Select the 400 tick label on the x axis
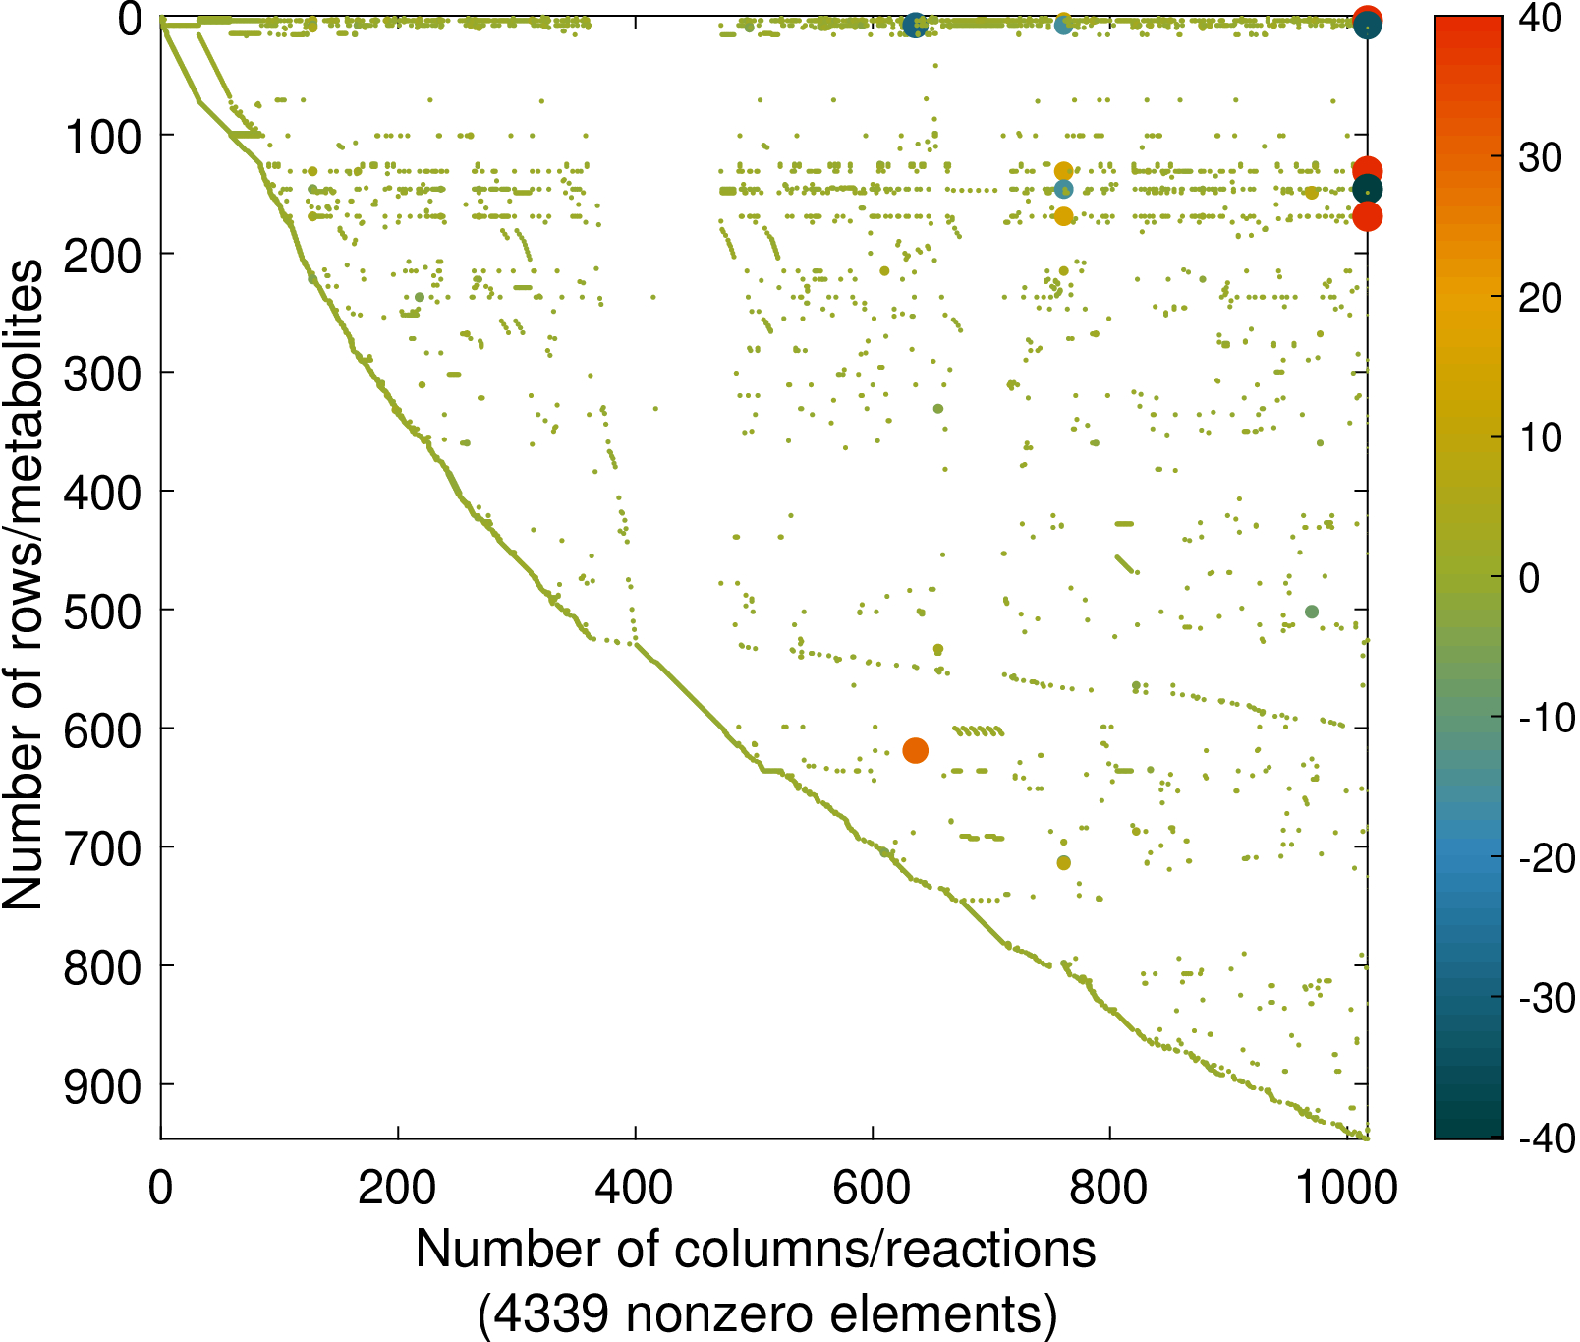635,1188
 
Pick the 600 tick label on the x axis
873,1188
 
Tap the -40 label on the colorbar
1545,1138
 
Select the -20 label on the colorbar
1545,858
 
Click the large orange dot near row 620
915,751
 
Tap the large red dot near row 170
1367,216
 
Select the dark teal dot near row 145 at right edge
1367,190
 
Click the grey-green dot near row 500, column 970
1311,612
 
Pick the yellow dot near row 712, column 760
1063,862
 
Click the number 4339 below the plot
553,1314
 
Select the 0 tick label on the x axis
160,1188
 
